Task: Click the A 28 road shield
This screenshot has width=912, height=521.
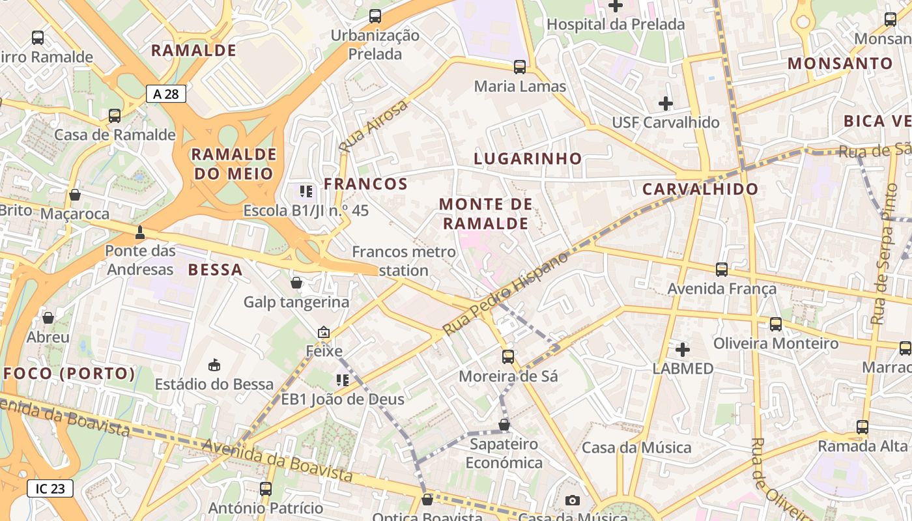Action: tap(165, 94)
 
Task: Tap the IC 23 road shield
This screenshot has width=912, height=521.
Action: tap(50, 488)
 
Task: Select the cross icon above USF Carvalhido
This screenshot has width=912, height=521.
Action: tap(665, 103)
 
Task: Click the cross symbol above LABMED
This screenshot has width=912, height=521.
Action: tap(682, 350)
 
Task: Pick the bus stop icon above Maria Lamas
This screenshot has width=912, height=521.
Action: tap(520, 66)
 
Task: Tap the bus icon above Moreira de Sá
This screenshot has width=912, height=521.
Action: tap(508, 357)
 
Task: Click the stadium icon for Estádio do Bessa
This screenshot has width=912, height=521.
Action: tap(214, 365)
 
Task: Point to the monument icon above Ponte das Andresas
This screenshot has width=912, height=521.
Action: tap(139, 232)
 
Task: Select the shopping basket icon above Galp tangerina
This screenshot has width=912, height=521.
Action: tap(296, 283)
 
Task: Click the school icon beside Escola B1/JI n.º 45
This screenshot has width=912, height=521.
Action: tap(306, 191)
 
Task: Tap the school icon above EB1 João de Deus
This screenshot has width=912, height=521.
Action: tap(342, 380)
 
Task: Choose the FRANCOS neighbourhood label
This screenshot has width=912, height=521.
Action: tap(365, 184)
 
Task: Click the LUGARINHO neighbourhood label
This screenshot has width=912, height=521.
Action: tap(528, 158)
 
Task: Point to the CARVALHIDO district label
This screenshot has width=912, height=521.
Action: tap(700, 190)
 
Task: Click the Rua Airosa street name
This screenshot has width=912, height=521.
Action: tap(373, 126)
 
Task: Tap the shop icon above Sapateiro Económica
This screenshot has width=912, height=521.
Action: tap(504, 425)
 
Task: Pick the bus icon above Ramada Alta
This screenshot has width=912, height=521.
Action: tap(862, 427)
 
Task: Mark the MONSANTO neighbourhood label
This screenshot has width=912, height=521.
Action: tap(840, 64)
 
